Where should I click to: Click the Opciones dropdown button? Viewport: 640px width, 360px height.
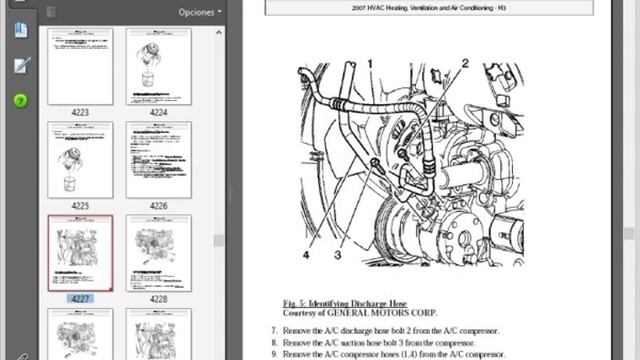click(199, 12)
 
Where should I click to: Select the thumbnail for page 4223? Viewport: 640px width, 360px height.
click(80, 66)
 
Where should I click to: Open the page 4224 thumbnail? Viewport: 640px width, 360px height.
click(158, 66)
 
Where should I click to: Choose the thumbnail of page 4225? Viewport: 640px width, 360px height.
click(80, 159)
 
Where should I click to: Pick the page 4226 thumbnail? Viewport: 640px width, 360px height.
click(158, 159)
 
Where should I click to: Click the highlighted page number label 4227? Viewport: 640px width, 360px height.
click(80, 299)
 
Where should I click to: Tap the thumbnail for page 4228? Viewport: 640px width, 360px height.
click(158, 253)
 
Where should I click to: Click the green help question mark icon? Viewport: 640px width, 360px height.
click(20, 101)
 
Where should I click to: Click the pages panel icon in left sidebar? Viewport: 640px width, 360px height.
click(20, 30)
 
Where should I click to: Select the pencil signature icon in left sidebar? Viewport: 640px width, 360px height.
click(20, 66)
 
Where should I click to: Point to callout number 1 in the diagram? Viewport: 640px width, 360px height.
click(371, 64)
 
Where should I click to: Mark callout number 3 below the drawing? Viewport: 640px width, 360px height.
click(338, 254)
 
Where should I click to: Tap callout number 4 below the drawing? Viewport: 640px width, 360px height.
click(307, 254)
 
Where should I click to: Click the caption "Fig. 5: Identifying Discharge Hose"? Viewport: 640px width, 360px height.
click(359, 300)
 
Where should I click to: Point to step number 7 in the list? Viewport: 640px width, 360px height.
click(275, 330)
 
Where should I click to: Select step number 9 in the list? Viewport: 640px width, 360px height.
click(275, 354)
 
